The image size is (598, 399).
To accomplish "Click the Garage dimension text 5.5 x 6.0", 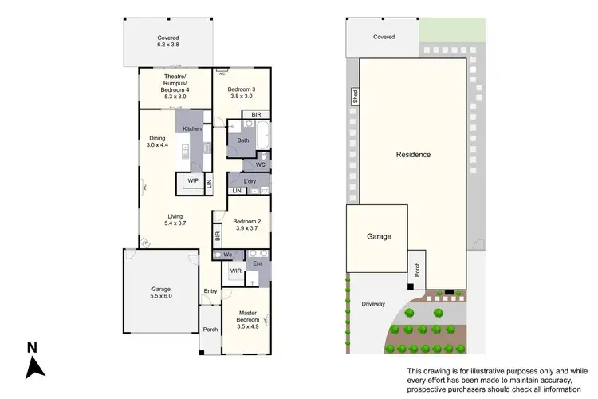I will [162, 296].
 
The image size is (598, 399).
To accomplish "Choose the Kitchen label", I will [192, 128].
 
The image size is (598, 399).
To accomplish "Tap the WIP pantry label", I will [192, 181].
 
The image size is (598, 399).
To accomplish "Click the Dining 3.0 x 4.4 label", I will [156, 142].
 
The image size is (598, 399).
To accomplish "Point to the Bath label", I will [242, 141].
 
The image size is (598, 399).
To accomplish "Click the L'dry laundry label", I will [250, 182].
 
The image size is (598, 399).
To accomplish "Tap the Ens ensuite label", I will [258, 263].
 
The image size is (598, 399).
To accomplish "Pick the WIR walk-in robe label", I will [235, 272].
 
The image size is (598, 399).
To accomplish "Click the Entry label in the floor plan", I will [210, 291].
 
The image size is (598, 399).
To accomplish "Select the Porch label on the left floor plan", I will [210, 330].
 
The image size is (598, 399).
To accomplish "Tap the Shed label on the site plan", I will [356, 97].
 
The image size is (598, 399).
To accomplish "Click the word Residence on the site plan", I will [413, 155].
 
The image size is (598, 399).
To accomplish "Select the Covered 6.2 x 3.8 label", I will [167, 41].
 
